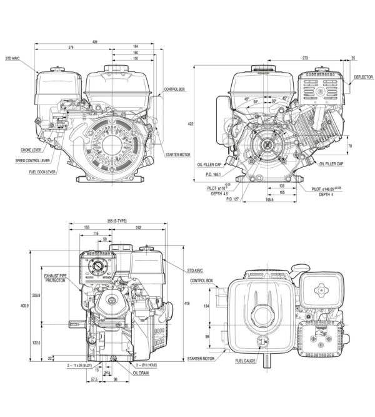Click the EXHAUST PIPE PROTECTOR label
click(60, 278)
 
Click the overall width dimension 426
click(95, 41)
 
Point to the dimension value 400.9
click(24, 305)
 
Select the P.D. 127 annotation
click(232, 200)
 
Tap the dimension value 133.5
click(36, 342)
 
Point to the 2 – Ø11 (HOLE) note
click(149, 364)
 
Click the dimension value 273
click(304, 58)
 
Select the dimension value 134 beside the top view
click(207, 306)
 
